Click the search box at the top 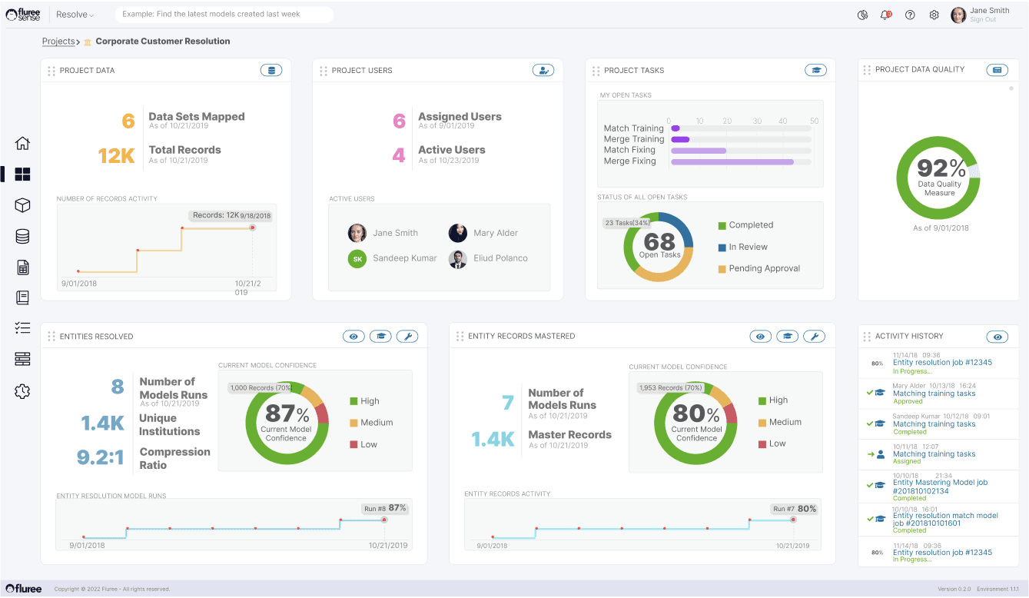(x=224, y=15)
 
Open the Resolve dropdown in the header (x=75, y=15)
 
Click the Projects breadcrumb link (x=58, y=42)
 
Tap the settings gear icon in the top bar (x=934, y=15)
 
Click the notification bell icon (x=885, y=15)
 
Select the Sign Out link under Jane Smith (x=983, y=20)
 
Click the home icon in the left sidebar (x=22, y=143)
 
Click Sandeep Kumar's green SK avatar (x=357, y=259)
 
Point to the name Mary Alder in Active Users (x=496, y=233)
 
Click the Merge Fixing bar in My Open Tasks (x=732, y=161)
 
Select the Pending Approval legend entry (x=764, y=268)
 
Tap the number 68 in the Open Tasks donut (x=659, y=241)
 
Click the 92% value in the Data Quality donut (x=939, y=168)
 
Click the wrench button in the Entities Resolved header (x=407, y=337)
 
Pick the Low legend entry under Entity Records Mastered (x=777, y=444)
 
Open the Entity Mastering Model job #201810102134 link (x=940, y=487)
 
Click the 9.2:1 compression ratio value (x=101, y=458)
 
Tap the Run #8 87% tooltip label (x=385, y=508)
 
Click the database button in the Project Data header (x=271, y=71)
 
